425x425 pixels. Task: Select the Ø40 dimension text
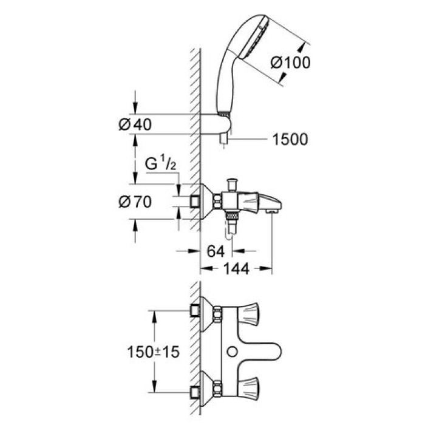[135, 123]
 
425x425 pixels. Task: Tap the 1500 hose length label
[291, 139]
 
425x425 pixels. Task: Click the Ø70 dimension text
[135, 202]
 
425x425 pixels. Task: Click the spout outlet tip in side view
[271, 211]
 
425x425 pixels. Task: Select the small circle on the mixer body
[232, 352]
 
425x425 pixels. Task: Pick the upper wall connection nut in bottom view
[195, 311]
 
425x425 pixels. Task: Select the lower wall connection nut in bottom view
[195, 389]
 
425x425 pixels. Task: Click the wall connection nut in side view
[195, 201]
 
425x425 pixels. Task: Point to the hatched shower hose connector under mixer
[230, 216]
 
